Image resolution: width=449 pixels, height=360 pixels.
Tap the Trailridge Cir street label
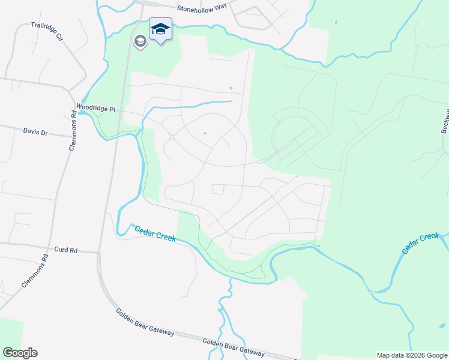click(x=47, y=32)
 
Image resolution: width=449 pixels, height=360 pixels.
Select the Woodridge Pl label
click(x=95, y=109)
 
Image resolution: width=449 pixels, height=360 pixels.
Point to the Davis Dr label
click(x=35, y=131)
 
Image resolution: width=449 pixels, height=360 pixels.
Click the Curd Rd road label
click(x=66, y=249)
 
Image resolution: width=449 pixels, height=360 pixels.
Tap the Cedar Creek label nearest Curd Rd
click(x=155, y=233)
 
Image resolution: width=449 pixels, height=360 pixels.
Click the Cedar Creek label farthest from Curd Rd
click(x=421, y=243)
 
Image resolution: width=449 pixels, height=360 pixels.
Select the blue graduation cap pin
click(x=160, y=29)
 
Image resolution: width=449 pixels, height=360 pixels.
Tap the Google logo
click(x=20, y=353)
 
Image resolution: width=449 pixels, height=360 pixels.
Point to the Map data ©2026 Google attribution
click(x=411, y=355)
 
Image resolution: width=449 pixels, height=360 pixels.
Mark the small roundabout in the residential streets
click(x=172, y=137)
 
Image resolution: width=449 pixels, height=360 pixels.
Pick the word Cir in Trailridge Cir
click(x=59, y=36)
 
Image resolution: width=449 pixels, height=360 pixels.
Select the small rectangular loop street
click(x=218, y=190)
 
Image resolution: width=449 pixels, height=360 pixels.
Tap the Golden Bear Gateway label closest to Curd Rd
click(x=145, y=322)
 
